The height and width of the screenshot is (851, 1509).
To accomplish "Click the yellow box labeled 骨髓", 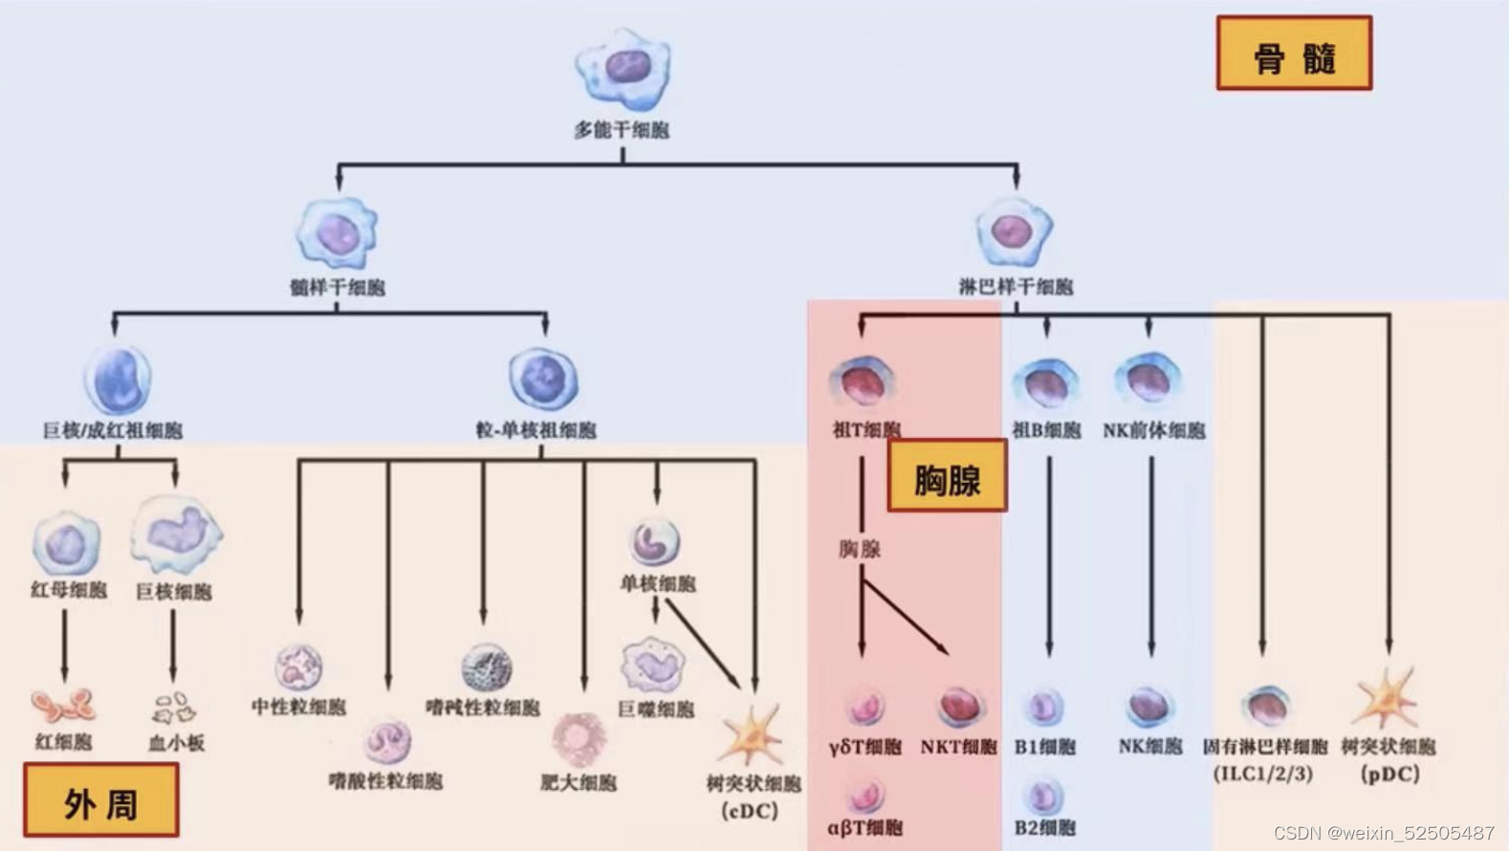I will pyautogui.click(x=1294, y=54).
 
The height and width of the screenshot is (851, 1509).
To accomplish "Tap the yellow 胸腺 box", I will pyautogui.click(x=947, y=476).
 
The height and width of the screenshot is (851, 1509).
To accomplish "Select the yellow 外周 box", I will pyautogui.click(x=100, y=800).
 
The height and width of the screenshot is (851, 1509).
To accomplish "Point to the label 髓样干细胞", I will pyautogui.click(x=338, y=287).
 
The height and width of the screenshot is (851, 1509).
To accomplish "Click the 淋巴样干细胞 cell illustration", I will pyautogui.click(x=1014, y=230).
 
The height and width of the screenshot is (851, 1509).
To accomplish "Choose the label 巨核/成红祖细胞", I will pyautogui.click(x=113, y=430).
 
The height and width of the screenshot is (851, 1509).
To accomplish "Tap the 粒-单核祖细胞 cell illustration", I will pyautogui.click(x=543, y=379).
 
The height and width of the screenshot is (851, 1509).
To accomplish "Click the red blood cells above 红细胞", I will pyautogui.click(x=63, y=707).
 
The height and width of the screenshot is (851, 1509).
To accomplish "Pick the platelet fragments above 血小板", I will pyautogui.click(x=174, y=709).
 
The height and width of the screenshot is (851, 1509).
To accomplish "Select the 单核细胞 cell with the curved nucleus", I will pyautogui.click(x=655, y=541).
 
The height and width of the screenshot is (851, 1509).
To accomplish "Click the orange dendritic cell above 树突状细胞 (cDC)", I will pyautogui.click(x=752, y=735).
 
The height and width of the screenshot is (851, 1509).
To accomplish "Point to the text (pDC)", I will pyautogui.click(x=1389, y=774).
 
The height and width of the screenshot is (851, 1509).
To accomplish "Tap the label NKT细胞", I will pyautogui.click(x=958, y=747).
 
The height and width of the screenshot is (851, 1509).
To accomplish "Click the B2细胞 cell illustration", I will pyautogui.click(x=1043, y=795).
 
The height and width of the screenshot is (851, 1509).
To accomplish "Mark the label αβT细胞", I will pyautogui.click(x=864, y=827).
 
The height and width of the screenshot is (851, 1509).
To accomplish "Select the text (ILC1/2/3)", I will pyautogui.click(x=1263, y=774).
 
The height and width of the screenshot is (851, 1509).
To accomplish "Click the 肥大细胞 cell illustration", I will pyautogui.click(x=578, y=738).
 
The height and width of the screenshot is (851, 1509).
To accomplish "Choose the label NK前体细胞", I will pyautogui.click(x=1153, y=430).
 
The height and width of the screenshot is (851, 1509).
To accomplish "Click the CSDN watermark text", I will pyautogui.click(x=1384, y=833).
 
